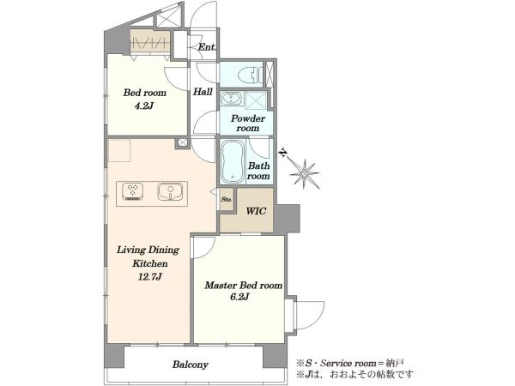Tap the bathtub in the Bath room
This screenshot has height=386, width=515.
[233, 162]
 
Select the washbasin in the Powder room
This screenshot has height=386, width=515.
[231, 98]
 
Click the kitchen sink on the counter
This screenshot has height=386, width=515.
[170, 191]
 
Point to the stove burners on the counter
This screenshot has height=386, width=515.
[133, 191]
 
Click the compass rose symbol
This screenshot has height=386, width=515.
[305, 174]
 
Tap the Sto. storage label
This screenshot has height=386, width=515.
[227, 199]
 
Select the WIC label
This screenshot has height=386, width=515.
[256, 211]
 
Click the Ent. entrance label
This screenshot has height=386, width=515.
[207, 47]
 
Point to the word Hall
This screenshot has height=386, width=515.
[203, 92]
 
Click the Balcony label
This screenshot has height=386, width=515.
[191, 365]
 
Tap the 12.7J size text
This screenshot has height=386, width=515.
[150, 277]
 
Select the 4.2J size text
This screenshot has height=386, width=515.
[144, 106]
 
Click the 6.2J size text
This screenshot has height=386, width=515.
[239, 297]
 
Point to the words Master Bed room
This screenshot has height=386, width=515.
[244, 286]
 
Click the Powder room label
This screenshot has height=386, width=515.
[248, 123]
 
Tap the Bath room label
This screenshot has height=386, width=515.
[259, 171]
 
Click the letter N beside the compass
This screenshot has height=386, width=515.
[282, 153]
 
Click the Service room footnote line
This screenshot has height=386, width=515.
[350, 364]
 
